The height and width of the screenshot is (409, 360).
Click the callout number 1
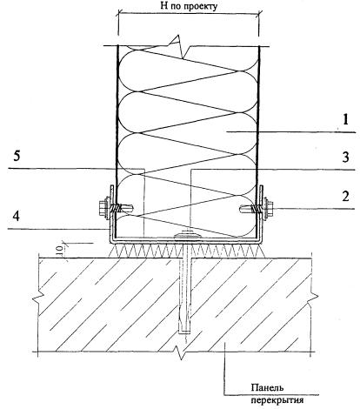point(345,120)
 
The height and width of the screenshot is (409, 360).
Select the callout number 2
point(345,197)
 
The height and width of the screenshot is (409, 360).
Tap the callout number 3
point(345,157)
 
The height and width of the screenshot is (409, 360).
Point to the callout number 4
point(17,217)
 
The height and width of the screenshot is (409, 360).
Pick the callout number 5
point(17,157)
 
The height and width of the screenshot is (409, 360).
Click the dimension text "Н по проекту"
point(189,6)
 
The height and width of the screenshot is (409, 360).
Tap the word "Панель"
point(267,387)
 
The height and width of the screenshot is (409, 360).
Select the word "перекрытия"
point(277,400)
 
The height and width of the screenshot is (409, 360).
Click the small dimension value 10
point(59,250)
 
